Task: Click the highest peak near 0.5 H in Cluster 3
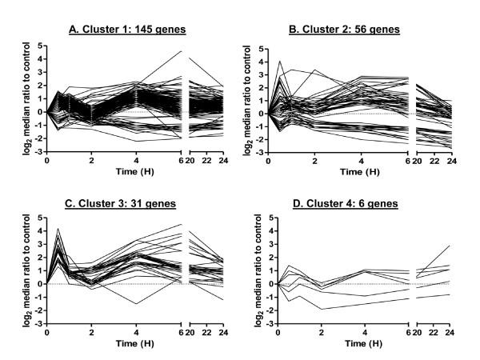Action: (x=58, y=229)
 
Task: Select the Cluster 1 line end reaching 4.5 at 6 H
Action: (x=182, y=52)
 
